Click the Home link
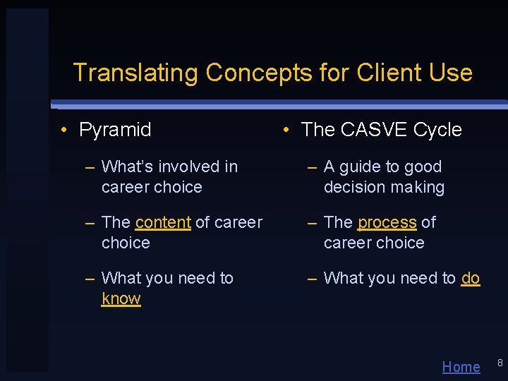[461, 367]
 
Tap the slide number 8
[500, 363]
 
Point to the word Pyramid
[115, 130]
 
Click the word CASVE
[374, 130]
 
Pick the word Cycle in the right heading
[437, 130]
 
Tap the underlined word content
[163, 222]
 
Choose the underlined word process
[387, 222]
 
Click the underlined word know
[121, 298]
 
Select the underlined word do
[471, 278]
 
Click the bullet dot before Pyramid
[64, 130]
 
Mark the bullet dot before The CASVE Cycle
[286, 130]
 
